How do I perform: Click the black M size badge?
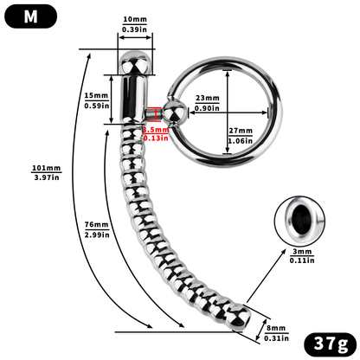click(30, 16)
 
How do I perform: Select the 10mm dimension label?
click(134, 18)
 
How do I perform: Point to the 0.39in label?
click(134, 29)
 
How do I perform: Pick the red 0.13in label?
click(156, 137)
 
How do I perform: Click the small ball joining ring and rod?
click(175, 112)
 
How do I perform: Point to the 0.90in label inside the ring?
click(207, 108)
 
